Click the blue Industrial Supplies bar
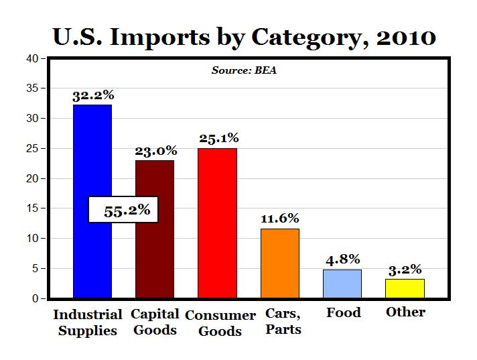pos(92,154)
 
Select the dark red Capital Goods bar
pos(155,255)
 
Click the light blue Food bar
pos(342,284)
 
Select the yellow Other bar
pos(405,288)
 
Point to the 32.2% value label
pos(92,96)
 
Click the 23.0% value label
pos(155,151)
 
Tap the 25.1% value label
pos(218,139)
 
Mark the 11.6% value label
pos(280,219)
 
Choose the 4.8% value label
pos(342,259)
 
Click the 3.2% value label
pos(405,269)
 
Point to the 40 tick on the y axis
pos(31,58)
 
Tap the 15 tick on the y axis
pos(31,208)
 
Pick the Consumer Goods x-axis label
pos(220,323)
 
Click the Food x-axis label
pos(343,312)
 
